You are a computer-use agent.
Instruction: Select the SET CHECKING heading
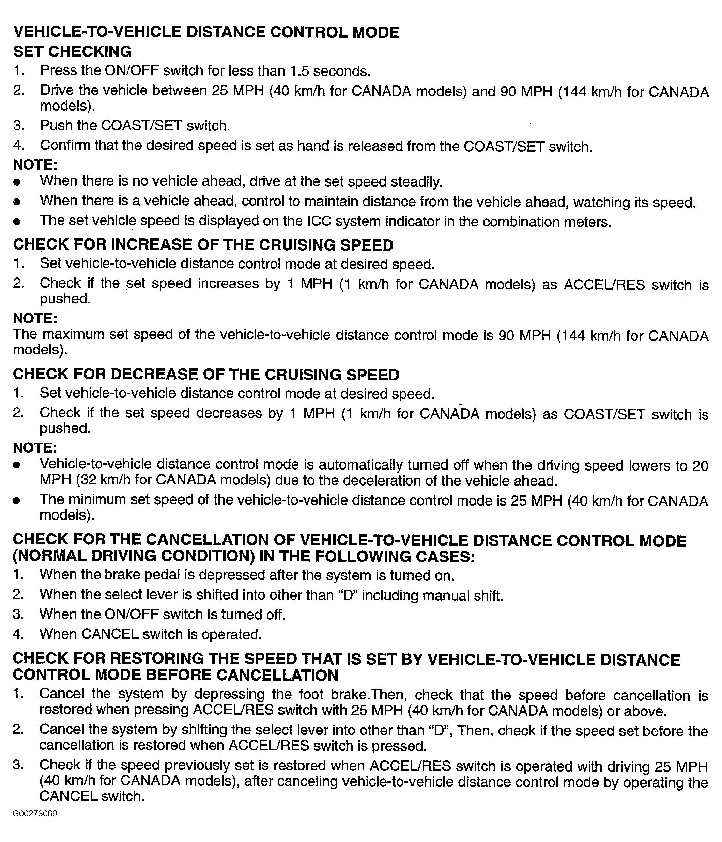click(72, 52)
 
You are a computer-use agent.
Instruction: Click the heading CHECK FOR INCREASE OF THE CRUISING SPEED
click(203, 245)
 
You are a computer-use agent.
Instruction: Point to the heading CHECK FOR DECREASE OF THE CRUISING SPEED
click(206, 374)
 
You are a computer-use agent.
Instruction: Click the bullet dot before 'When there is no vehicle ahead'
click(16, 182)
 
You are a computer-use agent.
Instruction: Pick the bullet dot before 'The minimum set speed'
click(16, 501)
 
